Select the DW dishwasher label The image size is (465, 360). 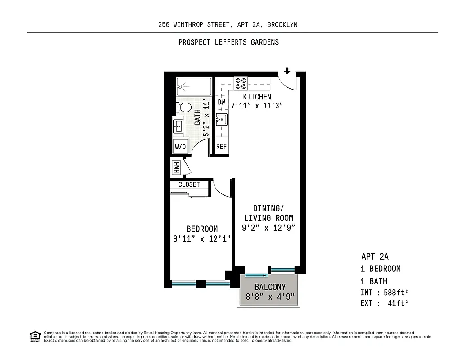tap(221, 103)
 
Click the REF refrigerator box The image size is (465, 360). tap(221, 147)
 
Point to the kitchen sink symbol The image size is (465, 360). tap(221, 120)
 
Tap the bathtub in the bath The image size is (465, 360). tap(193, 86)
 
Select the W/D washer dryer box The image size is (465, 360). tap(180, 147)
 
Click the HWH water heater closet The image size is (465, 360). tap(176, 167)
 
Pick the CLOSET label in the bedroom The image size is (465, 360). tap(189, 184)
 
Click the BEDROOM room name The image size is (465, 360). tap(202, 229)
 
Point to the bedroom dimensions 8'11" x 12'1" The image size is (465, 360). tap(202, 239)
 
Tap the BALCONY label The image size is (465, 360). tap(270, 287)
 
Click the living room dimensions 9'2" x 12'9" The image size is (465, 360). tap(268, 228)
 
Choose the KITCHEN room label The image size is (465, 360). tap(257, 97)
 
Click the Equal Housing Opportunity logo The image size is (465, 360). tap(35, 336)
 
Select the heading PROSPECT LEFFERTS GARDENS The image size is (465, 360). tap(228, 42)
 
